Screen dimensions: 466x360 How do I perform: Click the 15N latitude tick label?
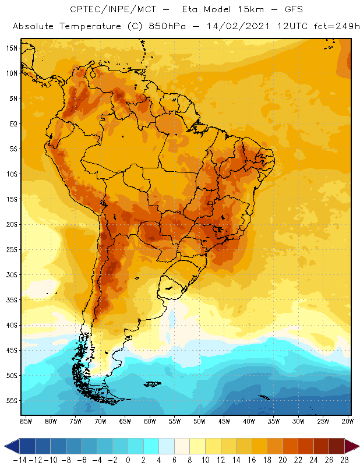(x=12, y=48)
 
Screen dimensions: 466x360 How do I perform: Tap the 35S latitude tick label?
(x=12, y=300)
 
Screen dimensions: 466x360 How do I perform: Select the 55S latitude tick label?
(x=12, y=401)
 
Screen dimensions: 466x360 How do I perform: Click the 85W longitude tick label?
(x=26, y=421)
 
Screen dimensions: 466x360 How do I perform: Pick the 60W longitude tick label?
(x=150, y=421)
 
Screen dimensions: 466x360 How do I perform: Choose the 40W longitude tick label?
(x=249, y=421)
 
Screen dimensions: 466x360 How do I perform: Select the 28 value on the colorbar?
(x=344, y=460)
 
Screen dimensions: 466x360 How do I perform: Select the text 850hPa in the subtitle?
(x=158, y=27)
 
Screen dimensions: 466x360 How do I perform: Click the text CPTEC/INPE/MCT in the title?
(x=107, y=10)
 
